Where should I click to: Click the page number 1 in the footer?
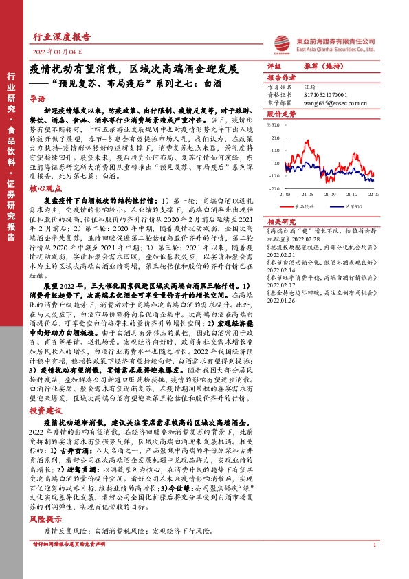[373, 564]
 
